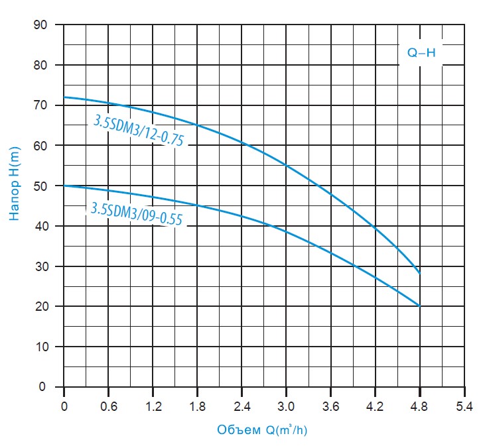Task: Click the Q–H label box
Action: coord(421,53)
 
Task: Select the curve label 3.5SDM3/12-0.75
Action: coord(137,130)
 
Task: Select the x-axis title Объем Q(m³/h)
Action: coord(262,429)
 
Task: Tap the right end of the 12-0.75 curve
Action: coord(419,273)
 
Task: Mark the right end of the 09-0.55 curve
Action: coord(419,306)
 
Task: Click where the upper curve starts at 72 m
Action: coord(64,97)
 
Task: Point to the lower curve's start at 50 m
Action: coord(64,186)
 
